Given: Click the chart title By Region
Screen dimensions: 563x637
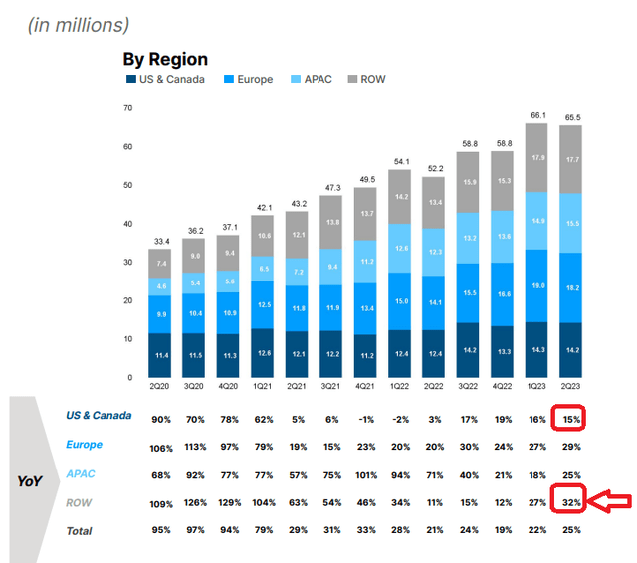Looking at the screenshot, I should [x=165, y=60].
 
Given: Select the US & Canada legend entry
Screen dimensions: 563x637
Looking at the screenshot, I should [x=165, y=79].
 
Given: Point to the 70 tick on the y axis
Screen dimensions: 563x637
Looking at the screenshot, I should [x=127, y=107].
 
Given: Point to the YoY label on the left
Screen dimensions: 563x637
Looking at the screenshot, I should [x=30, y=481].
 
